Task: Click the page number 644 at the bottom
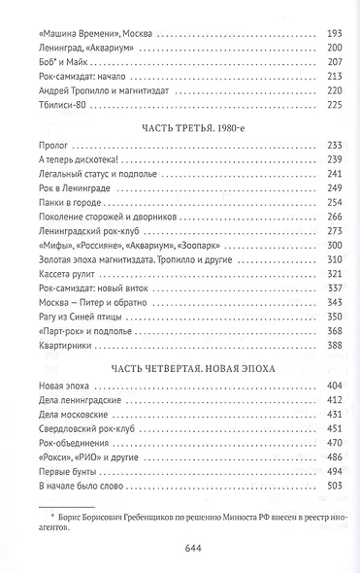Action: pos(180,547)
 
